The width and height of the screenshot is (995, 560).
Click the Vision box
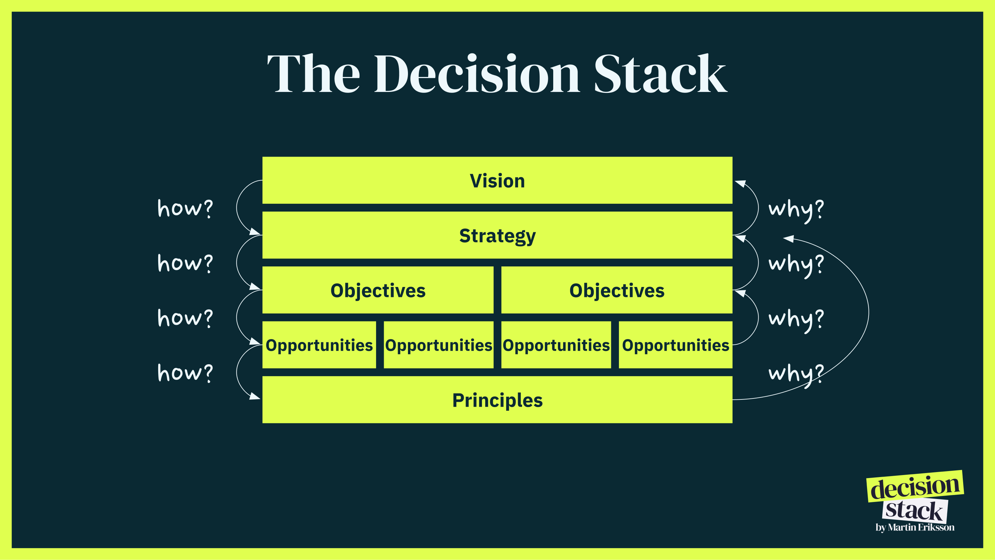tap(497, 180)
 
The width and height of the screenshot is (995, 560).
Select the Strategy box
tap(497, 235)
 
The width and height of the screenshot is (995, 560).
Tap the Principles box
tap(497, 400)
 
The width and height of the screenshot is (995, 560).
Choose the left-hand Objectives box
tap(378, 290)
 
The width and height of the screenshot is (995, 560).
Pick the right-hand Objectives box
tap(617, 290)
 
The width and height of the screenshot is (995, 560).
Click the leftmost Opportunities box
tap(319, 345)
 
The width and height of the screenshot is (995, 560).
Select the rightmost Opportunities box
tap(675, 345)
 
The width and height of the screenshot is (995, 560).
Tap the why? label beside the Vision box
tap(796, 209)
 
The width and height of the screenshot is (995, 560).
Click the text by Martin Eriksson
tap(915, 527)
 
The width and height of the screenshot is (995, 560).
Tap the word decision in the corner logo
tap(915, 487)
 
